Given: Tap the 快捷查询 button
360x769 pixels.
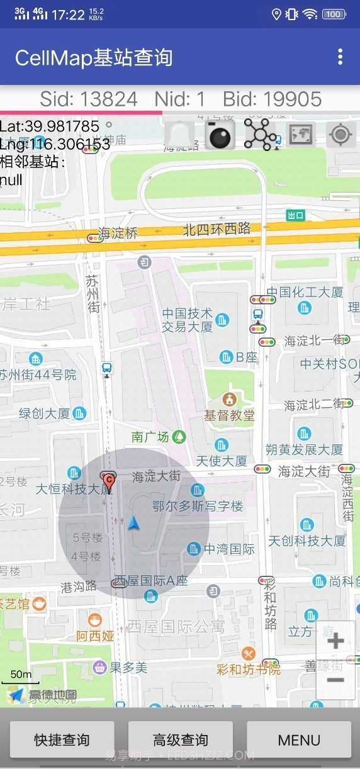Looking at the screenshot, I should click(62, 739).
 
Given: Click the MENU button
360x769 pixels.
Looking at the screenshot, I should click(299, 739).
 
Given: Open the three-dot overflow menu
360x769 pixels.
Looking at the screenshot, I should click(340, 57).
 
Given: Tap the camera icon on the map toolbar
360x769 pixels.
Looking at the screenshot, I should click(220, 134).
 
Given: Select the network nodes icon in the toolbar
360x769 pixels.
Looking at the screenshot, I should click(259, 134).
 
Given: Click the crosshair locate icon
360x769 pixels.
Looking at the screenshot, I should click(341, 135).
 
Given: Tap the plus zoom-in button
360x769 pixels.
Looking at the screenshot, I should click(335, 641).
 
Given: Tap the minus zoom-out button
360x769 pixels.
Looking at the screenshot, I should click(335, 680).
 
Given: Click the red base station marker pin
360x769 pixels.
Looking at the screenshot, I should click(109, 481).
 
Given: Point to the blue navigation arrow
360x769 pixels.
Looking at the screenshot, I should click(133, 523).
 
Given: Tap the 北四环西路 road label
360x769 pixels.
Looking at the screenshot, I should click(217, 229).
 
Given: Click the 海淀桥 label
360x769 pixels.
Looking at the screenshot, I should click(118, 233).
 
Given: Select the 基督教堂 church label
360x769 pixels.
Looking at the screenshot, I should click(229, 415).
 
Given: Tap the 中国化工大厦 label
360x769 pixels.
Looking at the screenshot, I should click(305, 292).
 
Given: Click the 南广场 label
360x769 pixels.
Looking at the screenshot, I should click(150, 437).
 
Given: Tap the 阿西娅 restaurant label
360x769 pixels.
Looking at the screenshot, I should click(96, 636).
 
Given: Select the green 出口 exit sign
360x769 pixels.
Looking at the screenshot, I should click(295, 216).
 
